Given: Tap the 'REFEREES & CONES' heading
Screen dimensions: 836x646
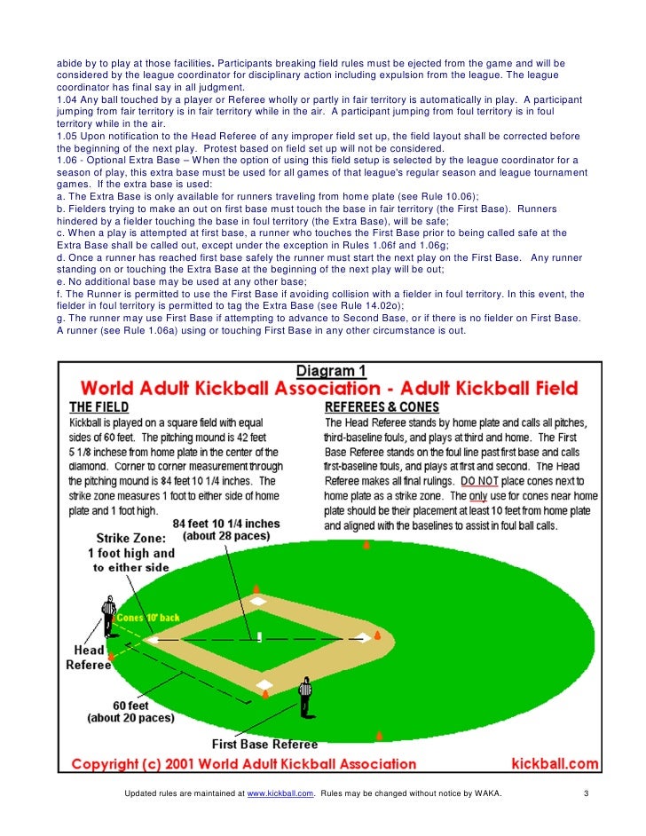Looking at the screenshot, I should pyautogui.click(x=381, y=406).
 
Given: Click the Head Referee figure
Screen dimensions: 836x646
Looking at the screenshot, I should pyautogui.click(x=108, y=612).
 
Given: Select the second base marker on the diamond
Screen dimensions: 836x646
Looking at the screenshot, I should pyautogui.click(x=362, y=636).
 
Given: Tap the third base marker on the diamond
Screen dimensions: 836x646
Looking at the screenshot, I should pyautogui.click(x=257, y=602).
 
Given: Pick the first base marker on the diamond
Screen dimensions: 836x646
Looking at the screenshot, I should pyautogui.click(x=264, y=683).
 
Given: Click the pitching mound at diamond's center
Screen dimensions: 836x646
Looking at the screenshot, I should pyautogui.click(x=259, y=636).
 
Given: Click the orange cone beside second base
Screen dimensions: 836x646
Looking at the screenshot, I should pyautogui.click(x=376, y=635).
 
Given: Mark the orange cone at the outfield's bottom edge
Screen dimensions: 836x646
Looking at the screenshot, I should pyautogui.click(x=379, y=736).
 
